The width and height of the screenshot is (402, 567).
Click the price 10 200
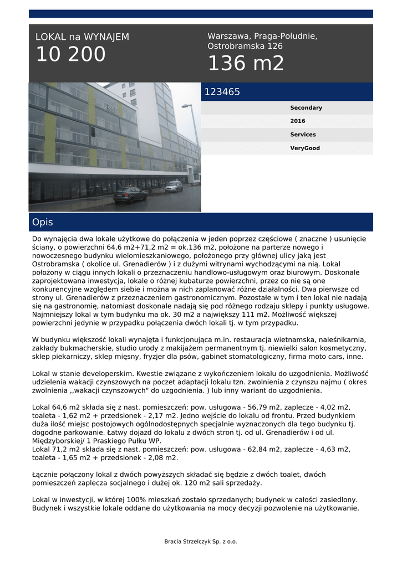(x=70, y=55)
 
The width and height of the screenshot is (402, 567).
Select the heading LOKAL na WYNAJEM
(x=82, y=37)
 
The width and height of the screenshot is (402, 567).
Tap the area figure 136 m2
(x=246, y=64)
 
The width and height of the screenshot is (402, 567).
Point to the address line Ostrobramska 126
(x=245, y=46)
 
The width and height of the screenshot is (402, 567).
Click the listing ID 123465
(x=222, y=92)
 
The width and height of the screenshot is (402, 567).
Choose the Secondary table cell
(x=306, y=107)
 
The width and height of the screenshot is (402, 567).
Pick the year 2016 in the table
(x=298, y=121)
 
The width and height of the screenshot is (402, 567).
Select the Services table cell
(x=303, y=135)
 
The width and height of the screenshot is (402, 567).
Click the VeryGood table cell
(x=305, y=148)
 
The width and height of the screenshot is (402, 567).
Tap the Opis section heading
(x=43, y=222)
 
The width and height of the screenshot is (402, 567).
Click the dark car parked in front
(x=130, y=194)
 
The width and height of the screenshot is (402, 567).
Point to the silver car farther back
(x=174, y=186)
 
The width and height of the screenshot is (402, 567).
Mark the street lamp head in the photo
(x=186, y=106)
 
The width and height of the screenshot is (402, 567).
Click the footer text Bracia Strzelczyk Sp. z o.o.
(x=201, y=542)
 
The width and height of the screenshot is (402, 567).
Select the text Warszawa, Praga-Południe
(x=262, y=36)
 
